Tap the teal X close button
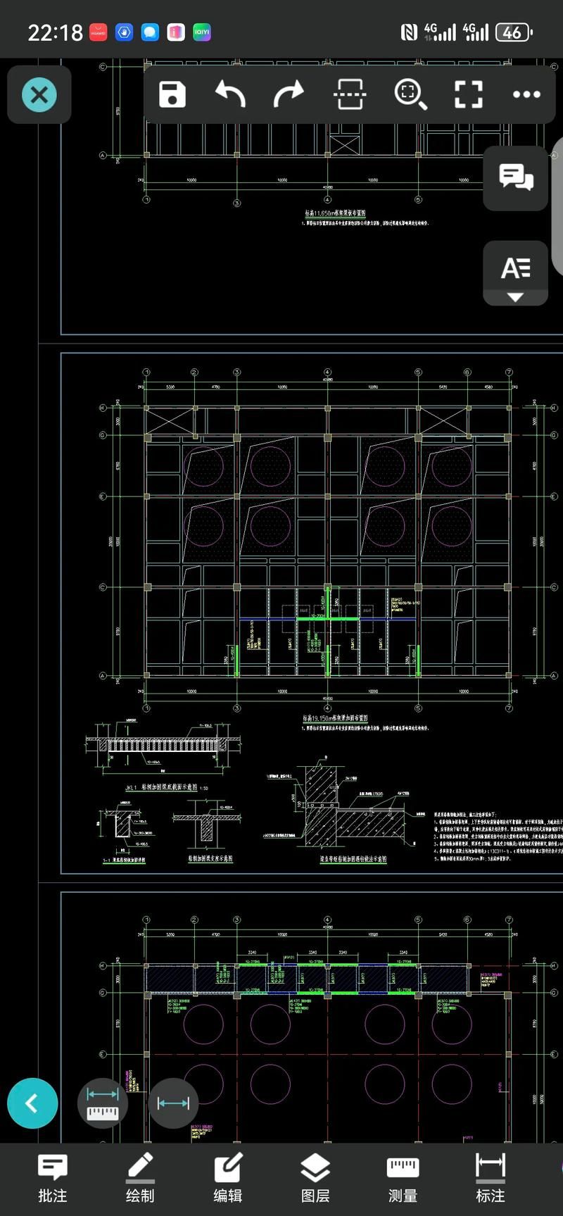[39, 94]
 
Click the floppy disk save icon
[172, 94]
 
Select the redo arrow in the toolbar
[289, 94]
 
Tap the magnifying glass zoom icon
[410, 94]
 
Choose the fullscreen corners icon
[468, 94]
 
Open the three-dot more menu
[526, 94]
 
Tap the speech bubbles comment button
[516, 177]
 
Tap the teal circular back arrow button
[32, 1103]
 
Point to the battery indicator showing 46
[513, 32]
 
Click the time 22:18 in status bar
[55, 32]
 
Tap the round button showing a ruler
[103, 1103]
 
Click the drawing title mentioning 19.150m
[335, 719]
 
